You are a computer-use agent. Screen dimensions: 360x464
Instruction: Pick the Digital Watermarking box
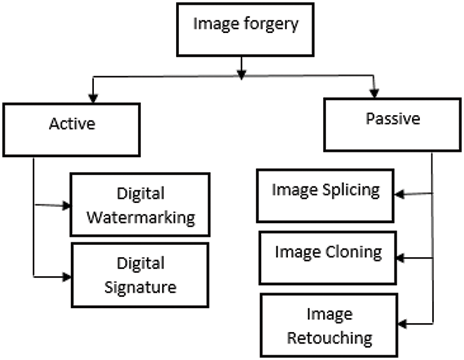coord(140,204)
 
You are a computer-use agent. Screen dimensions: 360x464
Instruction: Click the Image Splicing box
coord(326,196)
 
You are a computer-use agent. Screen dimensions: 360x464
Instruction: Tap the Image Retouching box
coord(329,325)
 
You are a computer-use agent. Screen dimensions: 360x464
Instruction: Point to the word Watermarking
coord(141,216)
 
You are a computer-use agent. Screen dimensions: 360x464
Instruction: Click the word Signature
coord(140,286)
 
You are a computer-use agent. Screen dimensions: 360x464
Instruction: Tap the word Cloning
coord(354,253)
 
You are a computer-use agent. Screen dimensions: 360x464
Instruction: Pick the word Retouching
coord(329,338)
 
